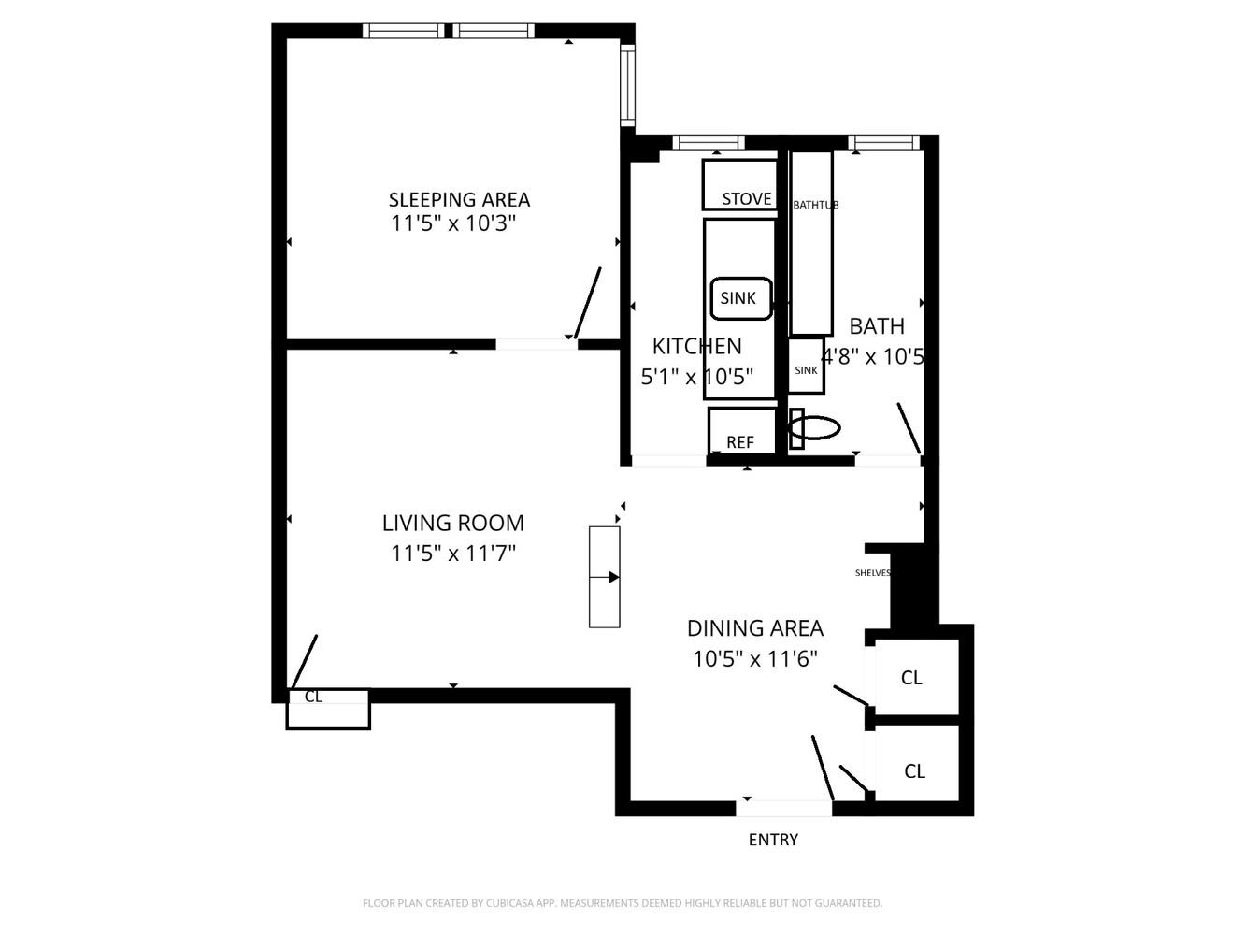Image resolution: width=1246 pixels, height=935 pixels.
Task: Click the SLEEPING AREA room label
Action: coord(459,199)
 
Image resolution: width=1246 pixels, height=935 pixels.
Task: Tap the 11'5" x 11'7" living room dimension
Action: coord(453,554)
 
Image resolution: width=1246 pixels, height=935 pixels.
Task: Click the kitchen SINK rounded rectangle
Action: coord(740,298)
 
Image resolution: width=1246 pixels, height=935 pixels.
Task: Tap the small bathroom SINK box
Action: coord(806,367)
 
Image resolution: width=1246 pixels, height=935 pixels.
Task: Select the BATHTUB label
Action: coord(815,205)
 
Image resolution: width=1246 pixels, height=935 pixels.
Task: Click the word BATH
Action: coord(877,326)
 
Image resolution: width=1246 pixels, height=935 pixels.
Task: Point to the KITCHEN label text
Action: coord(696,346)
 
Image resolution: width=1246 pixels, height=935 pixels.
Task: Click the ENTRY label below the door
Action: coord(773,840)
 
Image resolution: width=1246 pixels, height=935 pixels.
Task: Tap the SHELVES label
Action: coord(872,573)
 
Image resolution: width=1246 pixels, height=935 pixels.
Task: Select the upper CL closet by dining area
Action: coord(911,678)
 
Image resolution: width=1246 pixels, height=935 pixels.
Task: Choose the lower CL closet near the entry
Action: coord(914,771)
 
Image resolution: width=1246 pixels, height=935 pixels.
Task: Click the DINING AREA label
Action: coord(754,628)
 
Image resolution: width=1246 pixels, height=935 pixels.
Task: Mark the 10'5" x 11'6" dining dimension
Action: coord(754,659)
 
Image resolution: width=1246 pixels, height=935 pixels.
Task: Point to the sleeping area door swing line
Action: coord(587,303)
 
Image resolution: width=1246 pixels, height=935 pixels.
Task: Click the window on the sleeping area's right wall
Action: coord(628,85)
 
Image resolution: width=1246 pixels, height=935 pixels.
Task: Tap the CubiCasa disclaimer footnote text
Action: coord(622,903)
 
